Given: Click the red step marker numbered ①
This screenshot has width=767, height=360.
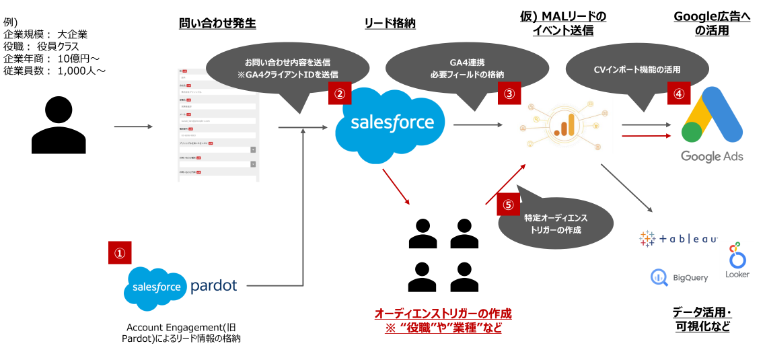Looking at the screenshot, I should click(x=120, y=253).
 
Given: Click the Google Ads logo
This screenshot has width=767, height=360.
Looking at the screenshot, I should click(x=711, y=124).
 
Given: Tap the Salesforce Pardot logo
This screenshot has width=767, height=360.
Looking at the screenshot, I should click(x=181, y=287).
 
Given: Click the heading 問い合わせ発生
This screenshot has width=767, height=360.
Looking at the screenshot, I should click(x=217, y=24).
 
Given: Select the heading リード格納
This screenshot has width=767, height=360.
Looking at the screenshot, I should click(x=390, y=24).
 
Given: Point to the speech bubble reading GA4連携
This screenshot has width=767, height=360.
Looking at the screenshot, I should click(x=467, y=67).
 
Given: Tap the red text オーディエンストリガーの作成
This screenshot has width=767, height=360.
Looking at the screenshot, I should click(x=443, y=314).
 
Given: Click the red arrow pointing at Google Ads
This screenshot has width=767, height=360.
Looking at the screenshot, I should click(x=646, y=135).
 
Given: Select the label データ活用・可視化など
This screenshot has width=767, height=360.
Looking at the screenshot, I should click(x=702, y=320).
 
